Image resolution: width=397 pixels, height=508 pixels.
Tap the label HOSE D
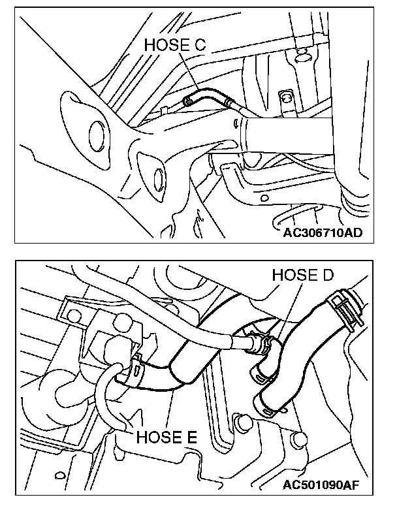coord(304,275)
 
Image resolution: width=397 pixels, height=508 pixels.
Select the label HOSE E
coord(167,437)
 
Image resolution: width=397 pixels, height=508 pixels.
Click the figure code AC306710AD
coord(319,232)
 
